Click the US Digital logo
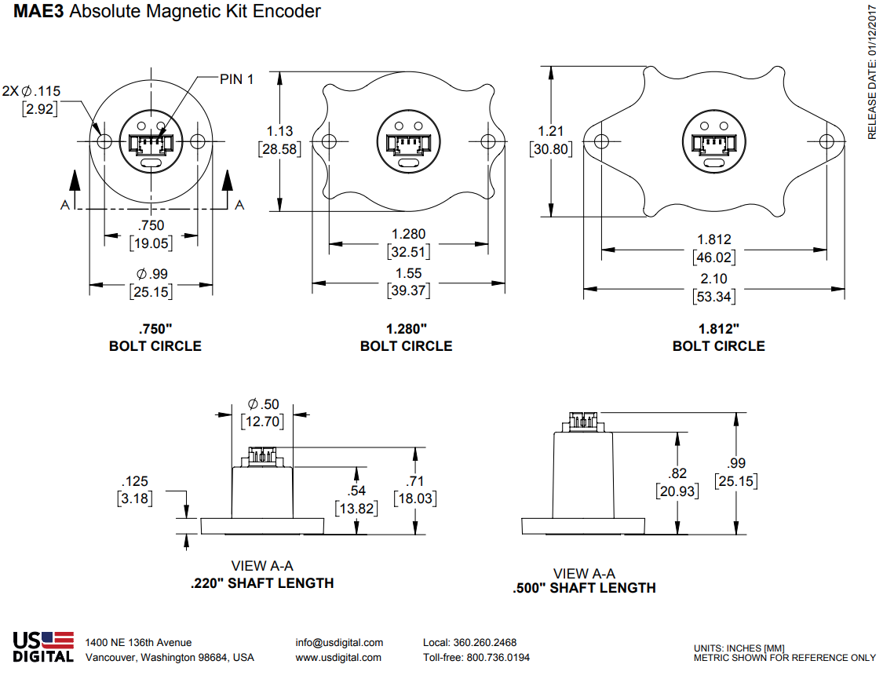point(43,648)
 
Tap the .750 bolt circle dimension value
point(151,226)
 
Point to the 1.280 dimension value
point(409,234)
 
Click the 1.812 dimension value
point(714,239)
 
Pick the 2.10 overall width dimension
point(714,279)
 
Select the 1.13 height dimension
point(279,131)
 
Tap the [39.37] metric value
point(409,291)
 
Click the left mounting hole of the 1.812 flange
point(602,141)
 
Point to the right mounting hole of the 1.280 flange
point(488,141)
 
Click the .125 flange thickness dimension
point(135,481)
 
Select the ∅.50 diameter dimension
point(263,403)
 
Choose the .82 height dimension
point(677,473)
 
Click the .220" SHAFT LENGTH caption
point(262,583)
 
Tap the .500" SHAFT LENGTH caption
point(584,588)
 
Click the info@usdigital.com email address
point(339,643)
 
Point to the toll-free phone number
point(476,658)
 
